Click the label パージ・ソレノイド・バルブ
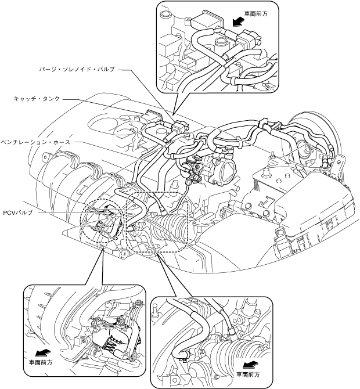click(x=77, y=69)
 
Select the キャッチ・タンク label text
click(x=37, y=99)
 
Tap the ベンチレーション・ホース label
click(x=35, y=142)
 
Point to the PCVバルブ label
click(x=17, y=212)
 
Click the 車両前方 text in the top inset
click(x=256, y=14)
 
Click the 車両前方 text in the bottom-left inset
click(x=41, y=362)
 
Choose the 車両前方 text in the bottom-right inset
click(x=248, y=374)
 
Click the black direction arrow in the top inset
click(x=238, y=22)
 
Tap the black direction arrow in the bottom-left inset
click(x=42, y=352)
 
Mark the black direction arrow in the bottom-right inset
click(x=250, y=365)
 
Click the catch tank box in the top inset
click(x=207, y=20)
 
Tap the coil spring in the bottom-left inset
click(x=110, y=343)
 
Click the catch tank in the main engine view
click(x=152, y=117)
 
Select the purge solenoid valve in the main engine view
click(x=179, y=127)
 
